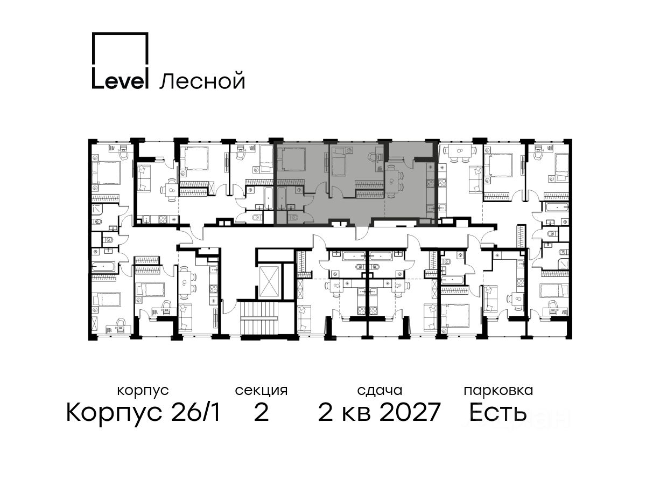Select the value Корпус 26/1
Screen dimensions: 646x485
pyautogui.click(x=143, y=413)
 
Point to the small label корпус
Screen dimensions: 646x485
pyautogui.click(x=143, y=391)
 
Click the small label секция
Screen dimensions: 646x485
pyautogui.click(x=261, y=391)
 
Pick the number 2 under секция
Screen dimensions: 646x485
pyautogui.click(x=261, y=413)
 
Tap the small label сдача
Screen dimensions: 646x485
pyautogui.click(x=380, y=391)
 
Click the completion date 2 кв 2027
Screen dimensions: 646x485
pyautogui.click(x=379, y=413)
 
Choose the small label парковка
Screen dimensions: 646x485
pyautogui.click(x=498, y=391)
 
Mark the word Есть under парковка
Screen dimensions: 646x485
pyautogui.click(x=497, y=413)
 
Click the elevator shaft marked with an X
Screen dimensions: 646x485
pyautogui.click(x=270, y=281)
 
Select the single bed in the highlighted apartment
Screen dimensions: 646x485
pyautogui.click(x=340, y=162)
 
